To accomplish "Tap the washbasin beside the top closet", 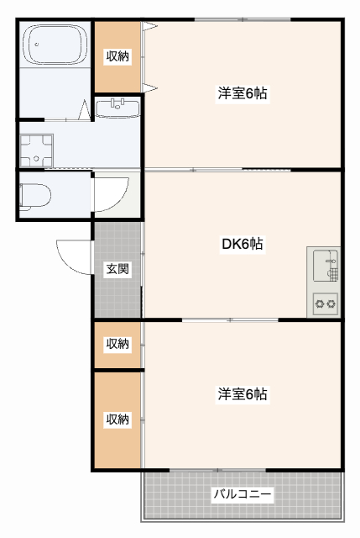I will coord(117,108).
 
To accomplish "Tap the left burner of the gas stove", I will coord(319,303).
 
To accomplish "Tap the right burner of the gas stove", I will coord(331,303).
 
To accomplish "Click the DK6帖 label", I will coord(242,245).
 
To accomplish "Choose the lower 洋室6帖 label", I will coord(243,393).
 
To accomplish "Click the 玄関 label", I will coord(117,270).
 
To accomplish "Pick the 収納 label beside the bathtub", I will coord(117,56).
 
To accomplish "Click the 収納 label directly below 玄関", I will coord(117,344).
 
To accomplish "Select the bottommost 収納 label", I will coord(117,419).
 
